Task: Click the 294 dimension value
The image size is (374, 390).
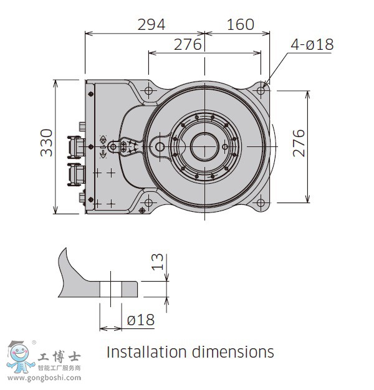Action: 151,24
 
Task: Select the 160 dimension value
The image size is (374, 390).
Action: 240,24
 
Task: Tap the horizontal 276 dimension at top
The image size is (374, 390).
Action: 187,45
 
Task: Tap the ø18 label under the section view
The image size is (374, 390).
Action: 140,320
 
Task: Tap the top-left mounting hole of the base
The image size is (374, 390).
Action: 149,91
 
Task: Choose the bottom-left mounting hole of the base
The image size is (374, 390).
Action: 149,202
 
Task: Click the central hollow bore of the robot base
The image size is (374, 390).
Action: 204,147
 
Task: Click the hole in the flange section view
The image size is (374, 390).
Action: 110,288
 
